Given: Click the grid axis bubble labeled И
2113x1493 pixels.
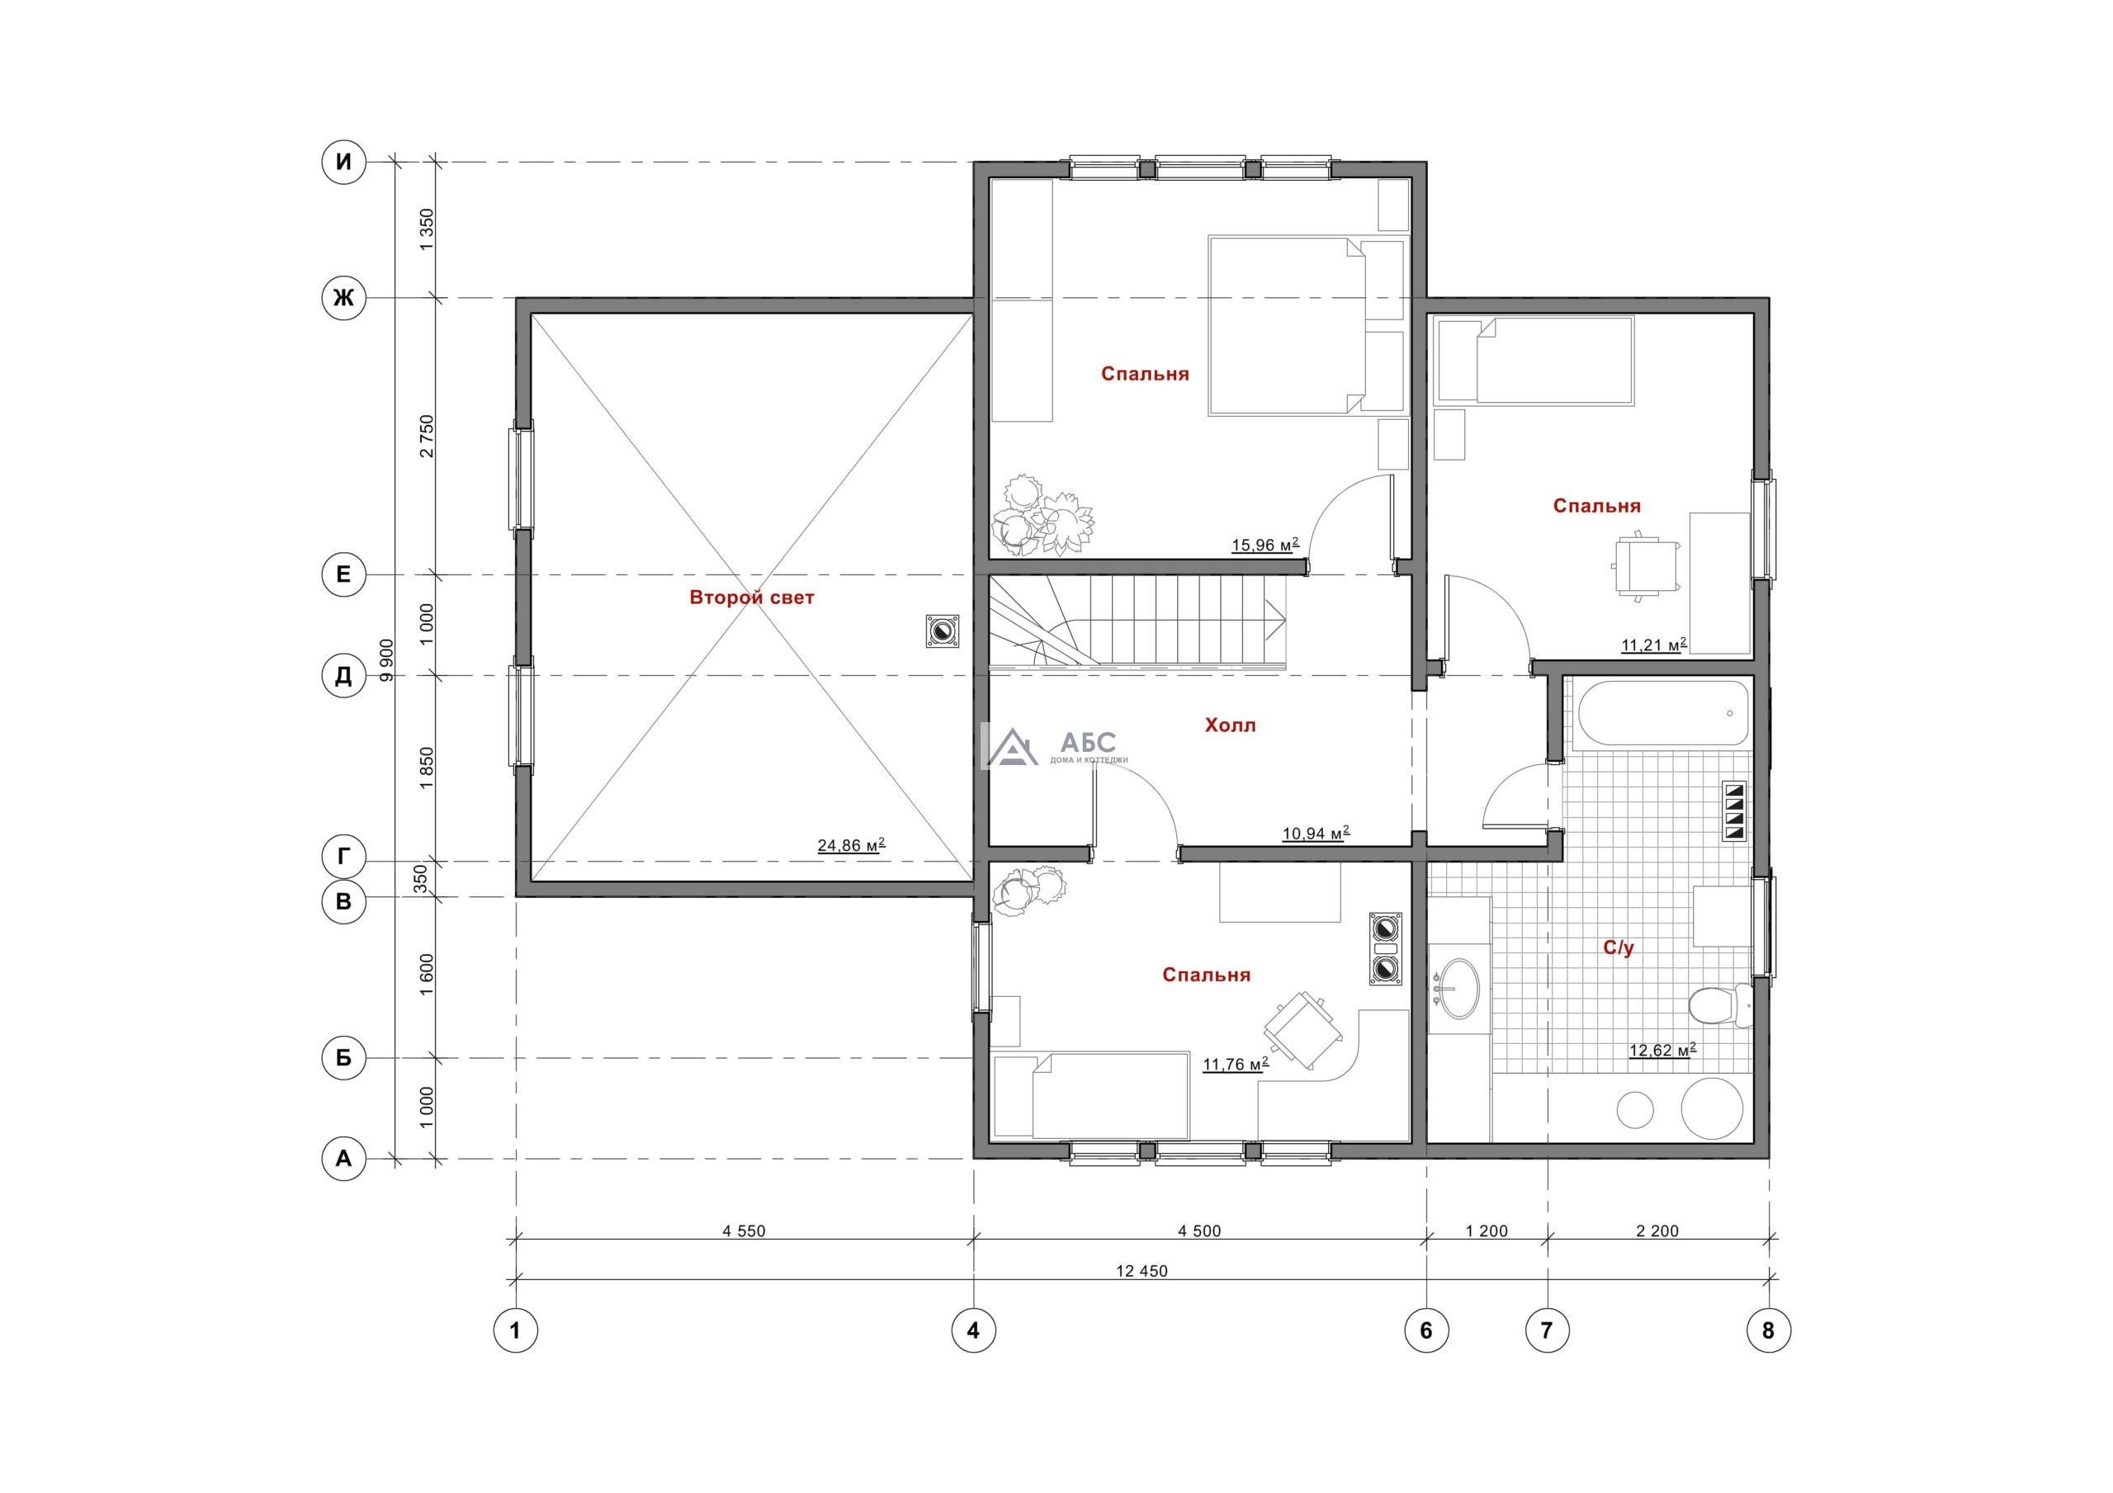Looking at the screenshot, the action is click(x=343, y=163).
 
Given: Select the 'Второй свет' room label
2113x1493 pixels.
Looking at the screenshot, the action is click(x=752, y=598).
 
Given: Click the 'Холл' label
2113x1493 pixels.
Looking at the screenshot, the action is click(x=1231, y=725).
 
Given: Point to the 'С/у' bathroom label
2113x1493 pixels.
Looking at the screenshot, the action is click(x=1618, y=948).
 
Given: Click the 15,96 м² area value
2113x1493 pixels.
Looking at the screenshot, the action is click(x=1265, y=545).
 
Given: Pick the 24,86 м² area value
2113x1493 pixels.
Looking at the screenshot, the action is click(x=851, y=845).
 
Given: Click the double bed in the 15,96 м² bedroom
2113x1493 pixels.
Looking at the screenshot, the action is click(x=1305, y=325).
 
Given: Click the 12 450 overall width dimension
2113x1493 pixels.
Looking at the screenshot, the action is click(x=1142, y=1271).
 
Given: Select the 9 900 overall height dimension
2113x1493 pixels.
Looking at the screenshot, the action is click(x=386, y=659).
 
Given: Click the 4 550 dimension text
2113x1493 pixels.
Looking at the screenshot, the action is click(x=744, y=1231).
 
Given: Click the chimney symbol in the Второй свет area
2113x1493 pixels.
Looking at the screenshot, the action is click(x=942, y=631).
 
